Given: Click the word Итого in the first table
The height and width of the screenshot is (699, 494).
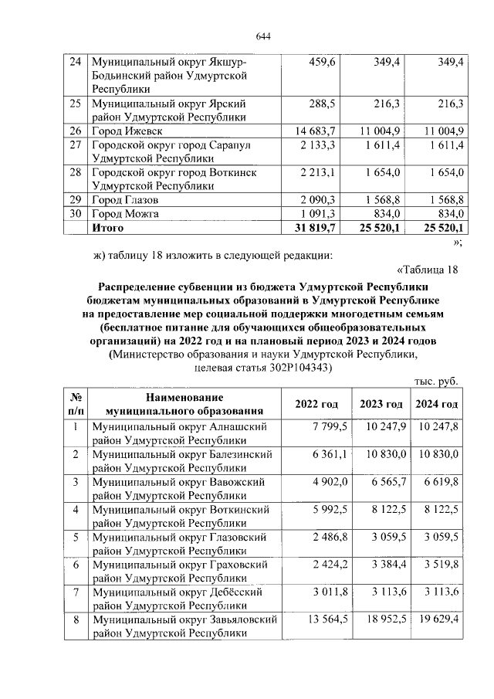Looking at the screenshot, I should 108,228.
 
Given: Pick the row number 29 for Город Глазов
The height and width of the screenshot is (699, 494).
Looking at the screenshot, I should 75,200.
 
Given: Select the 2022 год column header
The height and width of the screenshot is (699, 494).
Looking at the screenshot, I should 316,405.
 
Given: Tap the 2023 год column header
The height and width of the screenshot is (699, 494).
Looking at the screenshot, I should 381,405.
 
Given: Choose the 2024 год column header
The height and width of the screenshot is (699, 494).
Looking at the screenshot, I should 437,405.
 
